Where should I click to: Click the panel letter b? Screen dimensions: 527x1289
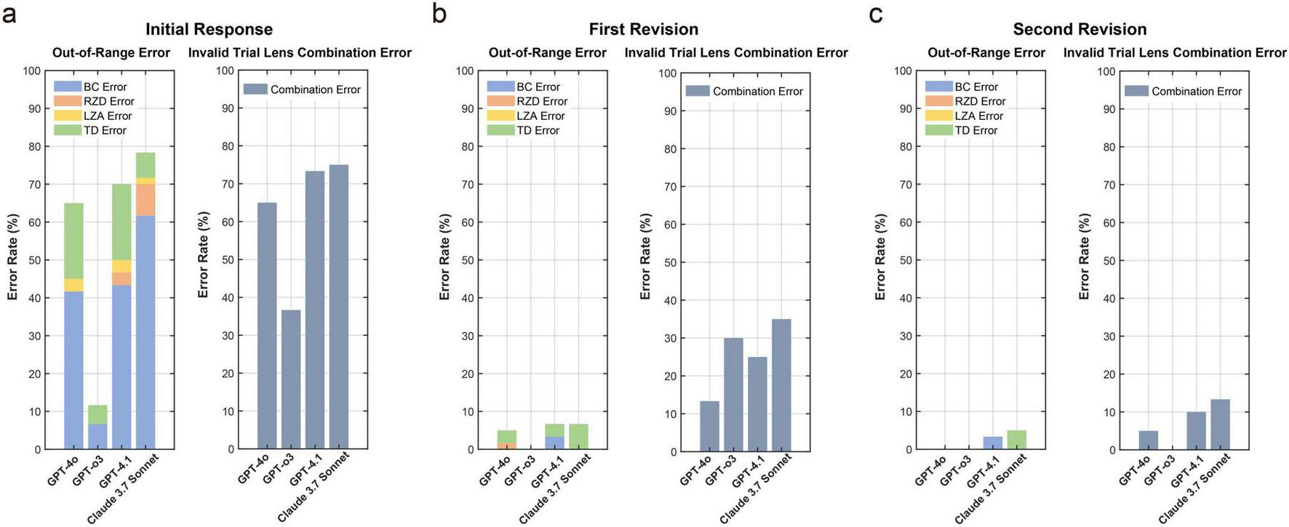[439, 13]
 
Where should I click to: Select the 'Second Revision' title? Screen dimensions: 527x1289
[1080, 29]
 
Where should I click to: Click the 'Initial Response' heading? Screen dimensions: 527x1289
[209, 29]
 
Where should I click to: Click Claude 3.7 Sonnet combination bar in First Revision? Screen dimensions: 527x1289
[781, 385]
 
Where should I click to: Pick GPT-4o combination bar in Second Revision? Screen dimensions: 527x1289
[1149, 440]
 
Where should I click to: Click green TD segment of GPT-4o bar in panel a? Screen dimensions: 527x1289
[73, 240]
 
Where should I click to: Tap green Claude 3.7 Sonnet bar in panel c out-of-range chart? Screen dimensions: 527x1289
[1016, 440]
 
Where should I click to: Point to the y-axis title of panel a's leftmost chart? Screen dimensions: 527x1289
[13, 257]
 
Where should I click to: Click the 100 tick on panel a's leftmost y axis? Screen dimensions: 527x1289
[32, 71]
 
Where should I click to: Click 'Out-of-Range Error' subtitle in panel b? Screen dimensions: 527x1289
[547, 52]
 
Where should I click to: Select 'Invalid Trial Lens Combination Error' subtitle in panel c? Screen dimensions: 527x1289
[1174, 52]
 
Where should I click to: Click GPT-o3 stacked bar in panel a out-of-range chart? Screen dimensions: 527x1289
[97, 429]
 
